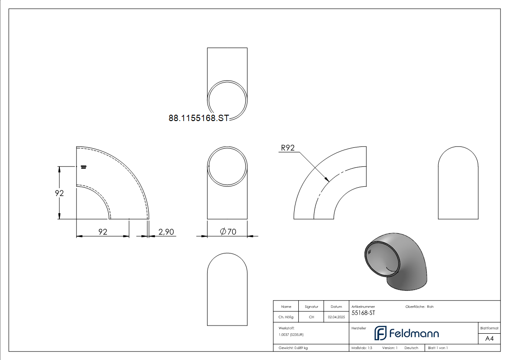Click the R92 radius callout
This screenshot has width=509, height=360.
click(x=288, y=147)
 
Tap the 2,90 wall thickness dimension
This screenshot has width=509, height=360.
click(x=166, y=232)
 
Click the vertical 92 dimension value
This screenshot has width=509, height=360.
click(x=59, y=193)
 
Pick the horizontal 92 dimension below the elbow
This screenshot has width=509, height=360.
click(x=103, y=232)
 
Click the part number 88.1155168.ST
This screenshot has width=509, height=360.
click(x=199, y=118)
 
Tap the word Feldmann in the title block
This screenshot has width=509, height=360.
click(x=414, y=334)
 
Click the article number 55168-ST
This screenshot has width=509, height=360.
click(x=364, y=313)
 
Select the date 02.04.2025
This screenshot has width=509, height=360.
click(x=336, y=317)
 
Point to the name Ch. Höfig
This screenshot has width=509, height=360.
click(x=286, y=317)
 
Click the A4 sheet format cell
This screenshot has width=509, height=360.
click(x=489, y=339)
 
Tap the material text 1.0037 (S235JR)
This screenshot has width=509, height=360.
click(x=291, y=334)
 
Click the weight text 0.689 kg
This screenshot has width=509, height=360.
click(x=293, y=348)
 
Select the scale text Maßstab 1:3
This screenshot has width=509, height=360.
click(x=362, y=348)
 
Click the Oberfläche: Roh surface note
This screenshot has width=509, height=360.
click(x=419, y=307)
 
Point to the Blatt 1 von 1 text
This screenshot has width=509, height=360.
click(x=438, y=348)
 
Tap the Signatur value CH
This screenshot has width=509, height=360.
click(x=311, y=317)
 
